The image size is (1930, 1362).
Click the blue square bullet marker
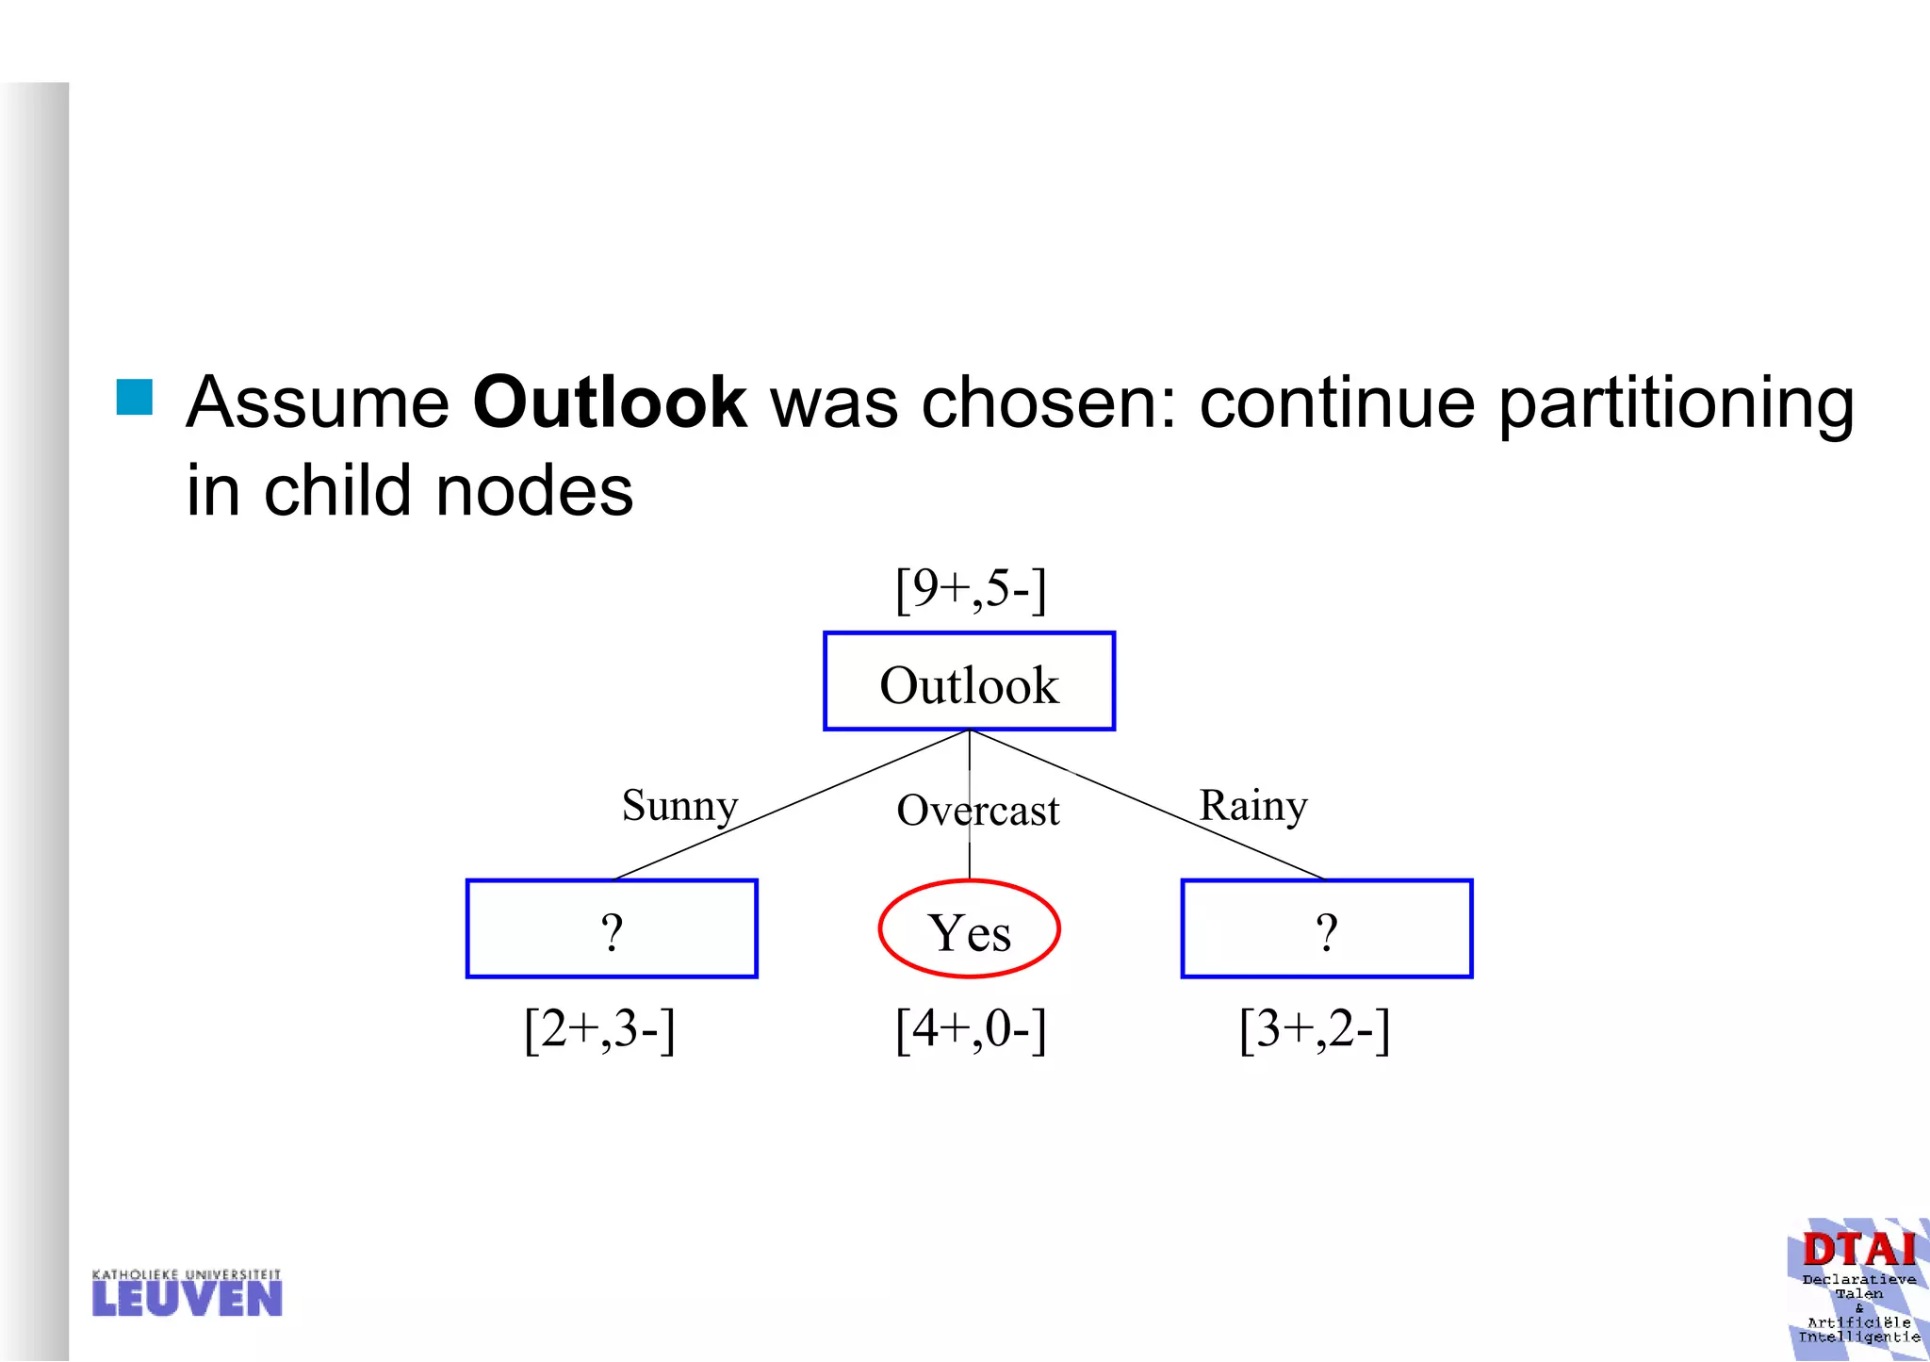click(135, 397)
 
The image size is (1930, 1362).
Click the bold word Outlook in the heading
click(609, 403)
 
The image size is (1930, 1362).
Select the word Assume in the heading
click(318, 403)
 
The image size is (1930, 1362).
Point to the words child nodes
click(448, 492)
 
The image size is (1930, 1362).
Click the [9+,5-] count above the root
click(970, 589)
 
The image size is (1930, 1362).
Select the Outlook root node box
click(969, 681)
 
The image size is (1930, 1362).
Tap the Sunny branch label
click(679, 806)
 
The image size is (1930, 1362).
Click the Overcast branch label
click(977, 811)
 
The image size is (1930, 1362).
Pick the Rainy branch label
click(1252, 806)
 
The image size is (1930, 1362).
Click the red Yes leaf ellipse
click(969, 930)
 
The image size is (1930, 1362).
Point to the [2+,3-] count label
click(599, 1029)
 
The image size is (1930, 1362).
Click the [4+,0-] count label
click(970, 1029)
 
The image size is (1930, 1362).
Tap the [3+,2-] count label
click(1314, 1029)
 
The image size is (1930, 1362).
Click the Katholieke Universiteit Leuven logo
click(187, 1293)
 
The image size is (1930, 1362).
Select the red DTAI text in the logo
click(1858, 1251)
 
